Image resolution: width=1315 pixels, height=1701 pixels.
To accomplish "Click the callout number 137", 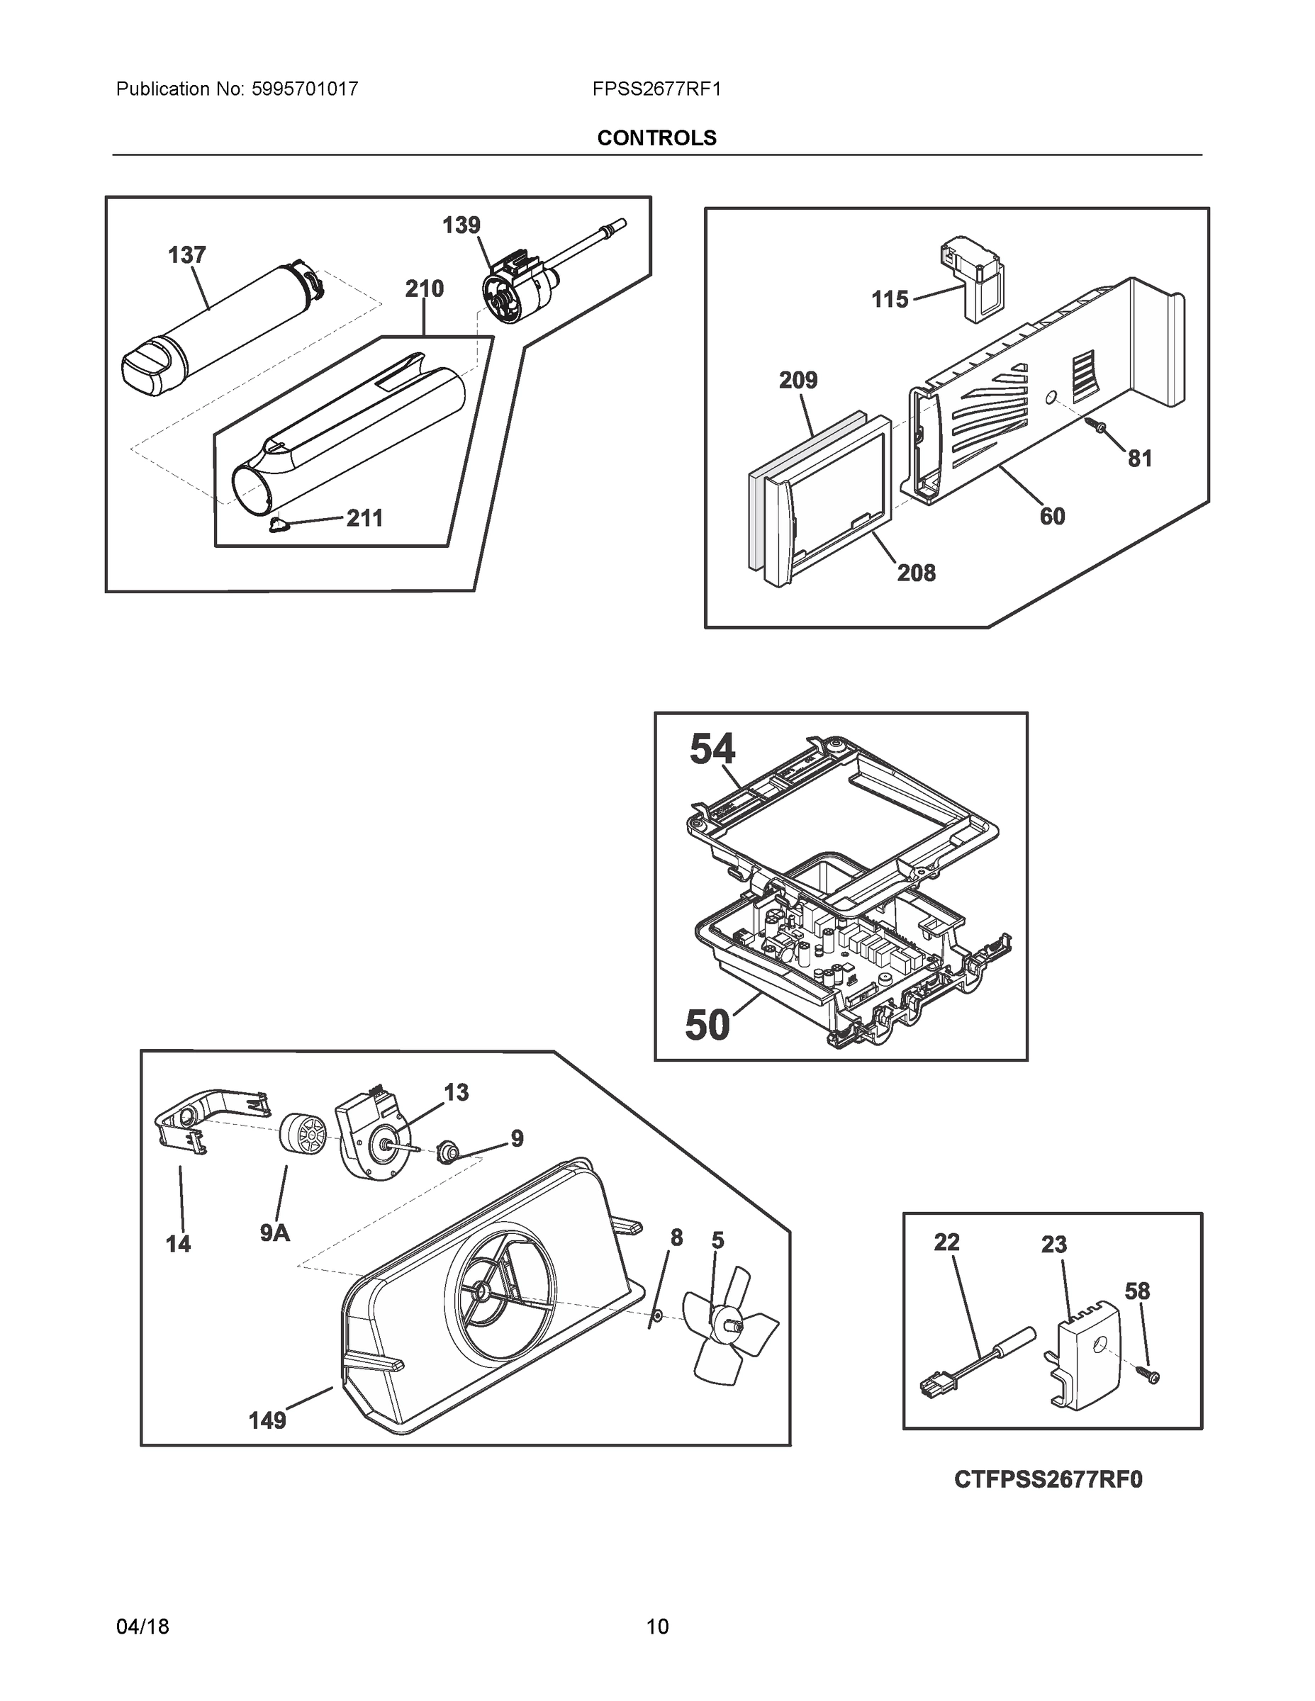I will point(187,255).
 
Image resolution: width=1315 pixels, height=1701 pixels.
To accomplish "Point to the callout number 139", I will point(461,226).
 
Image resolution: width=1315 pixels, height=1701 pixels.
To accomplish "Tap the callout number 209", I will point(798,380).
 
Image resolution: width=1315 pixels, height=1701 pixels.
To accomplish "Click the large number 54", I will point(712,750).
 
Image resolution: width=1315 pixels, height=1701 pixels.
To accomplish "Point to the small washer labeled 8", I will point(656,1315).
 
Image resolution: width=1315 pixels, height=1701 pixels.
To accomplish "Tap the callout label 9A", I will point(275,1233).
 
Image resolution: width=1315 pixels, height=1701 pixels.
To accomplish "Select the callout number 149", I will point(267,1420).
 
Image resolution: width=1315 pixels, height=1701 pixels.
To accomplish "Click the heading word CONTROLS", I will point(656,138).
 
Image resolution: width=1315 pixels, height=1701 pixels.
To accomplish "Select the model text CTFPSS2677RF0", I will point(1048,1501).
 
